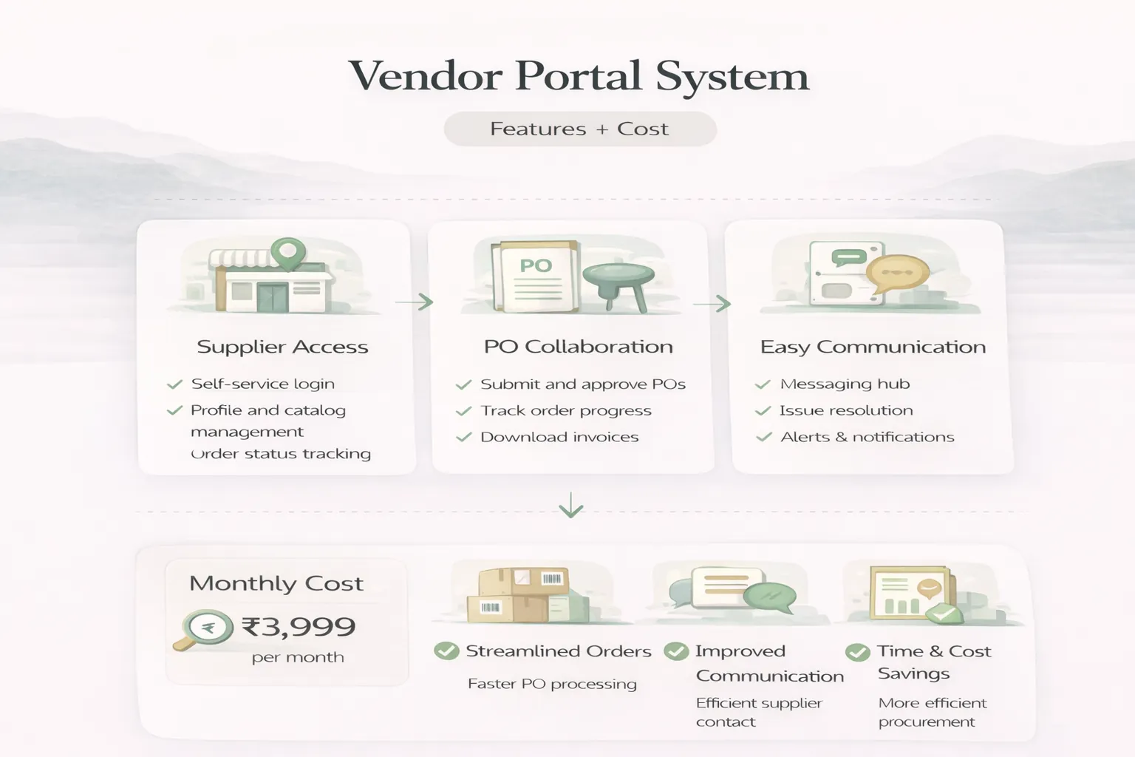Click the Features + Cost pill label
(579, 129)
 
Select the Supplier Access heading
(282, 347)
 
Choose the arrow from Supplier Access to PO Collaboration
(415, 302)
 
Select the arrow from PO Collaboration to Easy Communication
(712, 304)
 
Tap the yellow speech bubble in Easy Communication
(896, 274)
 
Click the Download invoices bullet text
(559, 437)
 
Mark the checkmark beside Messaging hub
(763, 384)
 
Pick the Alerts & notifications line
(867, 437)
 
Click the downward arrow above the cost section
(571, 506)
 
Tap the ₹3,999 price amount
(299, 627)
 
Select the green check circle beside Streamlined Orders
(446, 651)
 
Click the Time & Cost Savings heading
(933, 662)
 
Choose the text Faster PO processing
(552, 684)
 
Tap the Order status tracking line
(281, 454)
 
